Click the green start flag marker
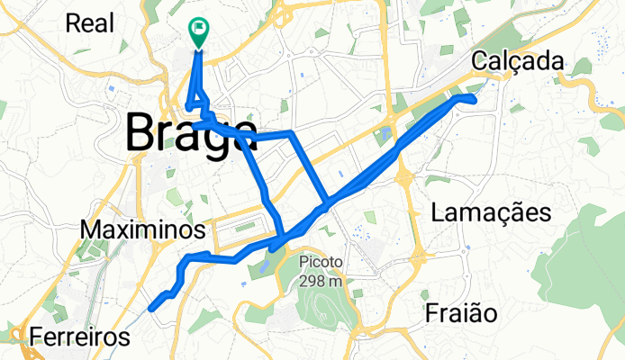198,31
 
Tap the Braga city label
190,133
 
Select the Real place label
89,22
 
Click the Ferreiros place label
79,337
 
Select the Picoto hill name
322,263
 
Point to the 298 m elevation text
322,280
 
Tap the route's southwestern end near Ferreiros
150,308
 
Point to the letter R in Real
72,22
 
